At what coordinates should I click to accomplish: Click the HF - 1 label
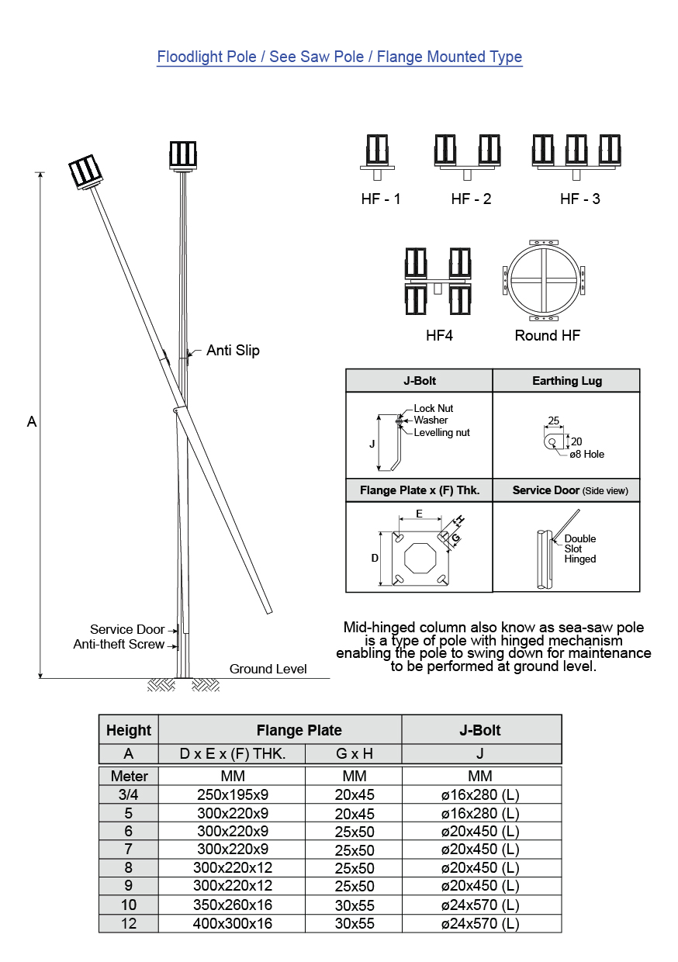(381, 199)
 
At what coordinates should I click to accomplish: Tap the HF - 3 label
(579, 199)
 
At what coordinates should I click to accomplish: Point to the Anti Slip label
(233, 351)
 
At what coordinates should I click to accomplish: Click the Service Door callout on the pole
(127, 630)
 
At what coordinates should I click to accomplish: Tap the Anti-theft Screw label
(119, 645)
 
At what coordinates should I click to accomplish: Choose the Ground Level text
(268, 670)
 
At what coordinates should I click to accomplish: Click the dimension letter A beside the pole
(32, 422)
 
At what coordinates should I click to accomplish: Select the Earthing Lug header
(566, 381)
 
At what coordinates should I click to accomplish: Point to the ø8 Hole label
(586, 455)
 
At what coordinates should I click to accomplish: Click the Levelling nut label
(441, 433)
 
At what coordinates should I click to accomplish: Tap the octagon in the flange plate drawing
(419, 557)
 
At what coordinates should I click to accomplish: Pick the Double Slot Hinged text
(580, 548)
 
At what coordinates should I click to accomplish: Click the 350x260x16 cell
(232, 905)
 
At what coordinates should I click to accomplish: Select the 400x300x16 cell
(232, 924)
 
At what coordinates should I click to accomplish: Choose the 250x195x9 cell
(232, 794)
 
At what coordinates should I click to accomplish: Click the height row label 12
(129, 924)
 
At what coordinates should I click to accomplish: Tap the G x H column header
(354, 754)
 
